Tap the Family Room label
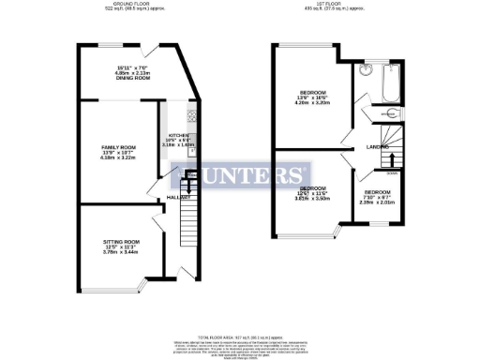click(119, 148)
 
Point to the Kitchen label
click(177, 135)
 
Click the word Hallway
click(179, 198)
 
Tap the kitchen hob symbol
click(191, 117)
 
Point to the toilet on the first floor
click(392, 113)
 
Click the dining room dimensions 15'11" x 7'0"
click(132, 67)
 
